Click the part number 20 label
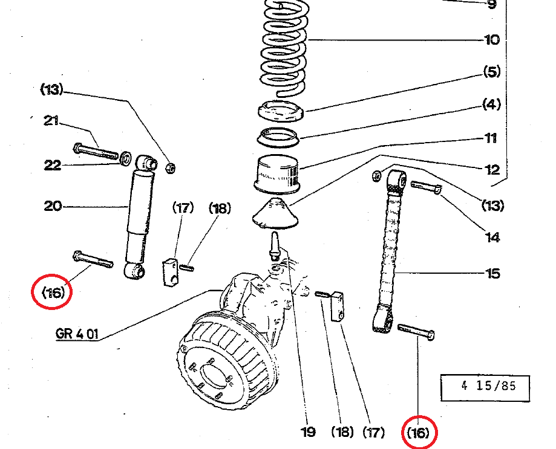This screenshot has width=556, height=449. click(53, 206)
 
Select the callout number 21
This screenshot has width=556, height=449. click(51, 121)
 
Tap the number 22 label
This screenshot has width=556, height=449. click(53, 164)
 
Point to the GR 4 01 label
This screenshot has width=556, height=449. click(76, 334)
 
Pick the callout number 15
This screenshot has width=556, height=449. click(492, 274)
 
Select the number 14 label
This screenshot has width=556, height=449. click(492, 237)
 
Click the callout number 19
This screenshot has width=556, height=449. click(308, 432)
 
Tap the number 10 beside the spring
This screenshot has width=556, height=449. click(492, 40)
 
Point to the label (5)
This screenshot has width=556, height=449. click(491, 73)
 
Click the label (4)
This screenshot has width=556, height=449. click(491, 105)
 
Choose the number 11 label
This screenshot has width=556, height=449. click(491, 138)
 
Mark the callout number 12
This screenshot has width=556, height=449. click(492, 170)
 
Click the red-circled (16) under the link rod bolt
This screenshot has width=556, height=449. click(419, 433)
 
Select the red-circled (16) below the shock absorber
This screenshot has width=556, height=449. click(53, 292)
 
